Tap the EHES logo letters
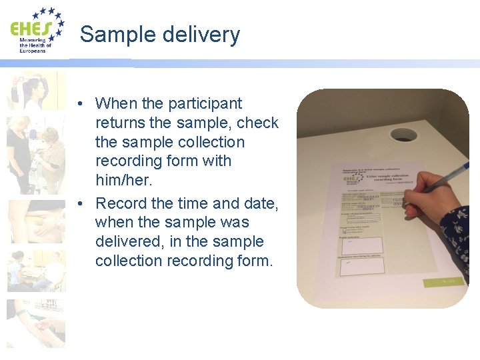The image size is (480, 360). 29,30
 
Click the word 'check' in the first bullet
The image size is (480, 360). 257,123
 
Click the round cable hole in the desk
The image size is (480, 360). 403,135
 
